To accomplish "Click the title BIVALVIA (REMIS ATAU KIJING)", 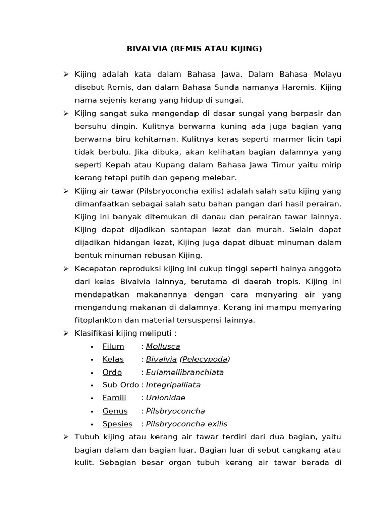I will [x=194, y=49].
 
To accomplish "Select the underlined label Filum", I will [x=113, y=346].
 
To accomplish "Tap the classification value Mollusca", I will [x=163, y=346].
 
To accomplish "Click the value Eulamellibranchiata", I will [x=185, y=372].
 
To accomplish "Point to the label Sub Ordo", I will [x=121, y=385].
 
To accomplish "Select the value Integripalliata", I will [x=173, y=385].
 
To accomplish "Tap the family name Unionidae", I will [x=165, y=398].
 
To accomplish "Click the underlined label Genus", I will [x=115, y=411].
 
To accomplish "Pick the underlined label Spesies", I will [x=117, y=424].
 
